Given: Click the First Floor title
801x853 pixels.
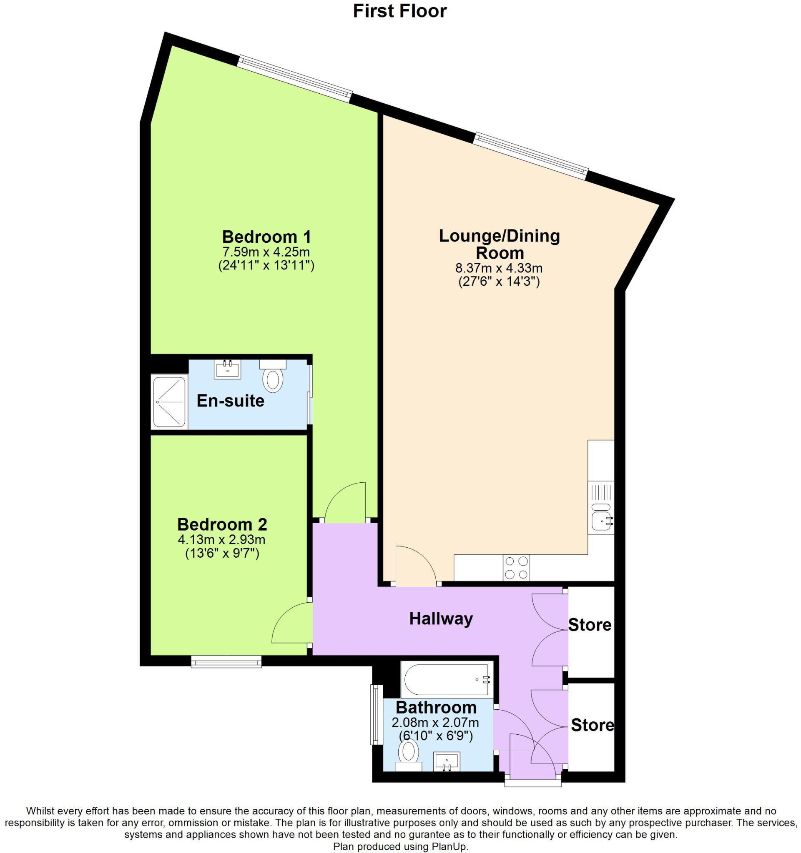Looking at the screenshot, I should point(399,11).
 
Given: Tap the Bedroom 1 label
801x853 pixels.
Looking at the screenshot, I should point(266,237).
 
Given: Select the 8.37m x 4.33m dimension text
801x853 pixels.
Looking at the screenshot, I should point(499,269).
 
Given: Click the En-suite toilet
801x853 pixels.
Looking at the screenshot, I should point(273,378).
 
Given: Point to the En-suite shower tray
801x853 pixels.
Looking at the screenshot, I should point(169,402).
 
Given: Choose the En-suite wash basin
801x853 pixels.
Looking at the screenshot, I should point(228,369).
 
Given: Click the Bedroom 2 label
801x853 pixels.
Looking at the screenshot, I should point(222,524).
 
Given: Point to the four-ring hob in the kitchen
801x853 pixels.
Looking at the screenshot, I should point(517,567).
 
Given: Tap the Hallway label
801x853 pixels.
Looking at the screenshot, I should point(441,619).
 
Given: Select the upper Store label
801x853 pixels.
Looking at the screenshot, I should point(589,625).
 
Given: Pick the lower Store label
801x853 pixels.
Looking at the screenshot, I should point(592,725).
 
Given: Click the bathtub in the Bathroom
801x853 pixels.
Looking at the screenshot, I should point(447,680).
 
